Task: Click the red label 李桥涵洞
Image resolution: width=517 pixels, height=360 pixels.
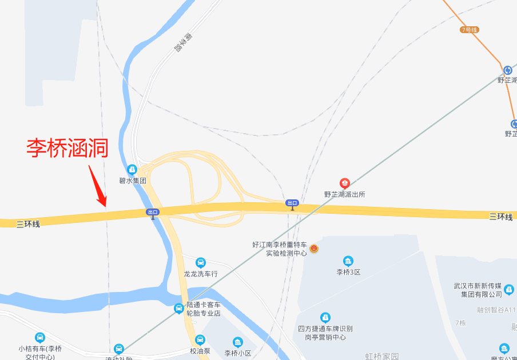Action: tap(67, 148)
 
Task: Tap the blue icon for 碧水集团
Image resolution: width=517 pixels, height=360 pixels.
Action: tap(132, 170)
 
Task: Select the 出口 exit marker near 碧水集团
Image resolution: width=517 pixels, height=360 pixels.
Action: tap(152, 212)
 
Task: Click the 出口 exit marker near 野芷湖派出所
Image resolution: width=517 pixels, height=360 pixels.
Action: tap(292, 203)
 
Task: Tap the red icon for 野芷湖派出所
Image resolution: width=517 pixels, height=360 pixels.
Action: tap(344, 183)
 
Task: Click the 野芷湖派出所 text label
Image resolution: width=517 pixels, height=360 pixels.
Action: tap(344, 194)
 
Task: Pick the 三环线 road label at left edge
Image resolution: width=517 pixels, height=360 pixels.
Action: tap(28, 224)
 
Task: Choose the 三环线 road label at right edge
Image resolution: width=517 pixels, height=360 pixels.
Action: tap(500, 216)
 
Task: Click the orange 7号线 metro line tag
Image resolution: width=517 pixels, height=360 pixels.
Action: tap(469, 30)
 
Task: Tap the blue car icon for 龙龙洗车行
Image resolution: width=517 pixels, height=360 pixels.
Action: tap(200, 262)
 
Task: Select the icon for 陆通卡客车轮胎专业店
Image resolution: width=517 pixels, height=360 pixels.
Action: tap(179, 309)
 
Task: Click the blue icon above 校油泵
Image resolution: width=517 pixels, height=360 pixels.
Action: tap(200, 340)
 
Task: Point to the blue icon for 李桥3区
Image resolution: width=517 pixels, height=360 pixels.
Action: tap(348, 261)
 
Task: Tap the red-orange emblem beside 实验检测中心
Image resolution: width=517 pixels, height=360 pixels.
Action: tap(314, 249)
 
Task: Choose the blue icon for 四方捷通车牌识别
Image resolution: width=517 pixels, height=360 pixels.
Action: tap(325, 317)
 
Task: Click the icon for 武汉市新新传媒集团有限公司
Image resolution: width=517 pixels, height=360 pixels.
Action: tap(509, 290)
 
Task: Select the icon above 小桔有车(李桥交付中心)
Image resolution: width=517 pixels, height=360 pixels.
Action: tap(39, 338)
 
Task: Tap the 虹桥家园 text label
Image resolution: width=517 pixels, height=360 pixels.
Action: tap(381, 356)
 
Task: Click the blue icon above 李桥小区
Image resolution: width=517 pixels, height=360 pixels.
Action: tap(238, 342)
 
